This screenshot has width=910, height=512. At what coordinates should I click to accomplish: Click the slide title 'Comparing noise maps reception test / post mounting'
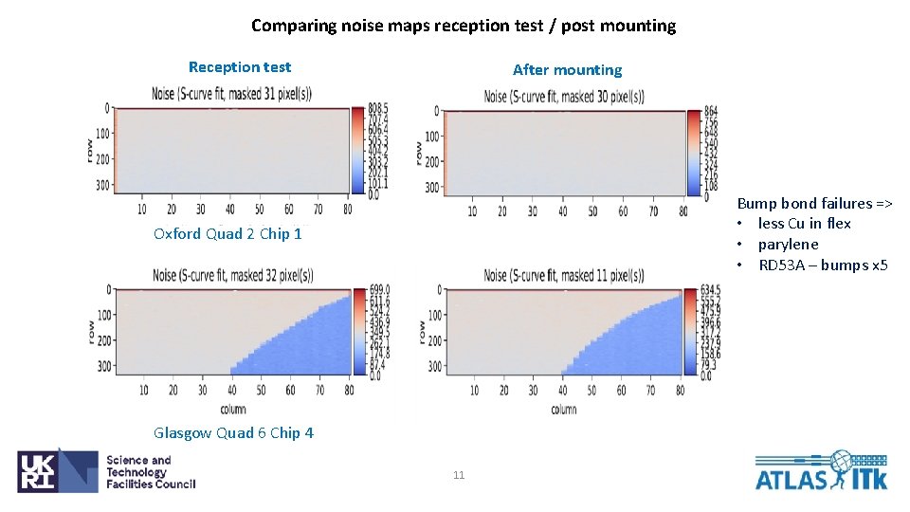(x=464, y=26)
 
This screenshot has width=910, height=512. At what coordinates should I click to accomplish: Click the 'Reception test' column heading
(x=240, y=66)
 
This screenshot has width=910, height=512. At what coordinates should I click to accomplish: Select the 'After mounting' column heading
(x=567, y=69)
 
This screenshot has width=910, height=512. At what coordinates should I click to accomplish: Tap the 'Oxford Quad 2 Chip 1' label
(x=227, y=233)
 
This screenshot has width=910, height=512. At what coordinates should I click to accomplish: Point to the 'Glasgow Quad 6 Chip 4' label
(x=233, y=432)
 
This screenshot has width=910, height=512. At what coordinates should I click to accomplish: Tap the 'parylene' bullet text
(x=788, y=245)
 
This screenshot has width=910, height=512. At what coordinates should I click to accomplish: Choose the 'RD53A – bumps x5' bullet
(x=823, y=265)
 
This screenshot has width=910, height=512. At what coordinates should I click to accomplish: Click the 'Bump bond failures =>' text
(x=814, y=203)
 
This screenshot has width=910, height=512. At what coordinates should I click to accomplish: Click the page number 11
(x=459, y=475)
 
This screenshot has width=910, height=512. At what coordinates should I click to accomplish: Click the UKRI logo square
(x=57, y=470)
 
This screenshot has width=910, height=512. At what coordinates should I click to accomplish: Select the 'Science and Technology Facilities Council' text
(x=150, y=472)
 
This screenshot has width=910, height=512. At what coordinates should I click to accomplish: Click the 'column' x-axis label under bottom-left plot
(x=232, y=409)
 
